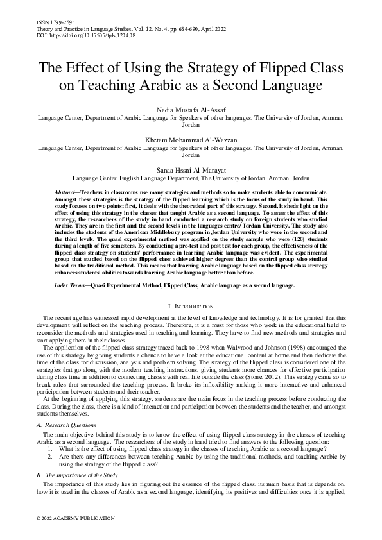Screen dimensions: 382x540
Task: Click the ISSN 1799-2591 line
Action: coord(49,22)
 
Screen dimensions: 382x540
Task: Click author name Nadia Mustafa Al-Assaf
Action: coord(191,111)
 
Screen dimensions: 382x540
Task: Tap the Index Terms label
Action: coord(71,285)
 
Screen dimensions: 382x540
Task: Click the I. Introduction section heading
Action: coord(191,307)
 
